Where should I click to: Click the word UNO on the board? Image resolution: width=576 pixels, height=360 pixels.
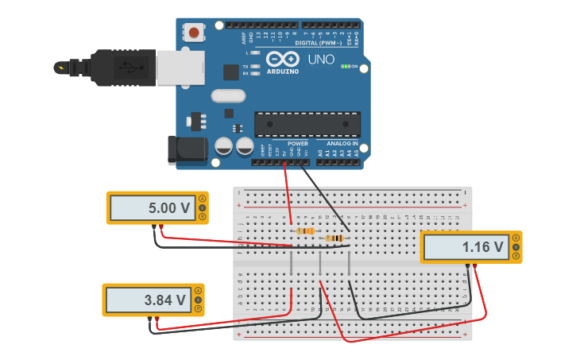321,60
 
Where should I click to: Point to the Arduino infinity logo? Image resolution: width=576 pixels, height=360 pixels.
283,59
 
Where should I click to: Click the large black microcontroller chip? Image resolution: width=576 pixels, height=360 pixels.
307,123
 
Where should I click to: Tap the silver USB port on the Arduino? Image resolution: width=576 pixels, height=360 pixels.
180,68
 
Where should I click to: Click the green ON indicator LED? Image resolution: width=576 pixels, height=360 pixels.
346,67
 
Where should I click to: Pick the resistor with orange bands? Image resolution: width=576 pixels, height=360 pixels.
304,231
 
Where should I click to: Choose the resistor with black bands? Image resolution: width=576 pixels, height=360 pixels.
334,238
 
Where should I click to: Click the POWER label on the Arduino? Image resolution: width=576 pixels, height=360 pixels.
298,144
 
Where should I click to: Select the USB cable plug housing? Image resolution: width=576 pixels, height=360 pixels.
119,68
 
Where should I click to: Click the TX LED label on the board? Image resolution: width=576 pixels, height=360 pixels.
245,67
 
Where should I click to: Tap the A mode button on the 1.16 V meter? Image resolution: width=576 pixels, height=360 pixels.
516,238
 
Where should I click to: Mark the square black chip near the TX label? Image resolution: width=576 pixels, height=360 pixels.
231,72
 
